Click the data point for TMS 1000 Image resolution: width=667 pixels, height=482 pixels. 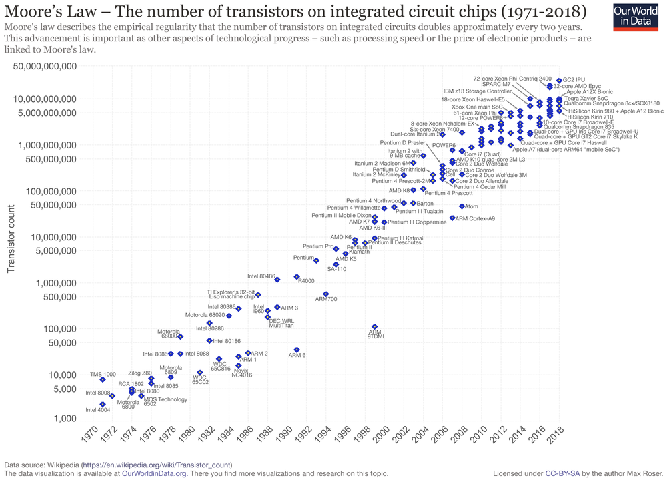pyautogui.click(x=103, y=379)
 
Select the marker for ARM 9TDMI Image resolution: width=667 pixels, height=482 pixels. pyautogui.click(x=374, y=326)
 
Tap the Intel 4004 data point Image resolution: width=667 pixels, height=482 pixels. pyautogui.click(x=103, y=404)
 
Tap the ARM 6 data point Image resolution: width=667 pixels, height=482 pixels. pyautogui.click(x=297, y=350)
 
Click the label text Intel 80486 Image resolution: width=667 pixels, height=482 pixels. pyautogui.click(x=261, y=276)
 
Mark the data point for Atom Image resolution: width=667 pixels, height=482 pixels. pyautogui.click(x=462, y=206)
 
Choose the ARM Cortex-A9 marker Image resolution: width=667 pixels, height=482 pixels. pyautogui.click(x=452, y=218)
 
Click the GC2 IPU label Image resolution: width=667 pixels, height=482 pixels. pyautogui.click(x=574, y=80)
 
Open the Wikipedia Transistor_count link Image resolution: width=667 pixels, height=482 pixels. pyautogui.click(x=157, y=464)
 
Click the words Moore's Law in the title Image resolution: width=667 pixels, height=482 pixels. pyautogui.click(x=45, y=13)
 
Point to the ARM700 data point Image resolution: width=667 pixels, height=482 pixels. pyautogui.click(x=325, y=294)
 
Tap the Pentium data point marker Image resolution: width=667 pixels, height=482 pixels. pyautogui.click(x=316, y=260)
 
